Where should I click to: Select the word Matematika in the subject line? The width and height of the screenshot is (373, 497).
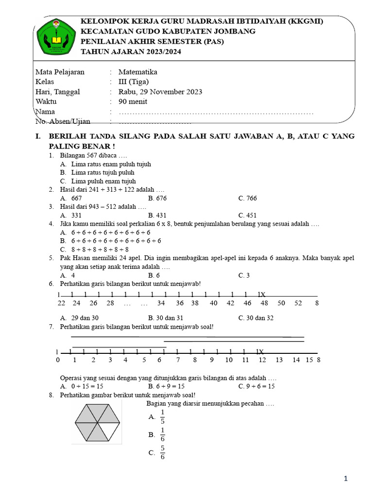[138, 72]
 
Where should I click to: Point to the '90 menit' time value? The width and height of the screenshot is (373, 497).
[133, 101]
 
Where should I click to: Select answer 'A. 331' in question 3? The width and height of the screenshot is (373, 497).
[71, 215]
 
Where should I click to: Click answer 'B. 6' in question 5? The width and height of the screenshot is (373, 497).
[154, 275]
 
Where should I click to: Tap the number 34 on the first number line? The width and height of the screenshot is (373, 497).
[162, 303]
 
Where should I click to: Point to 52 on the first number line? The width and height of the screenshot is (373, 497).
[298, 303]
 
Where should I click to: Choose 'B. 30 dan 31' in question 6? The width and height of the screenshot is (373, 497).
[166, 318]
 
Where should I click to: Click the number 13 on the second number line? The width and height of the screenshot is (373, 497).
[279, 360]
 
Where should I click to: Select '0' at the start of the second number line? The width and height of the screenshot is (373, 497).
[58, 360]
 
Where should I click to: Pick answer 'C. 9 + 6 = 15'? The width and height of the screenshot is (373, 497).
[256, 386]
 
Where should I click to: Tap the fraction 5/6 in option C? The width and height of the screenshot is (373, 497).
[162, 453]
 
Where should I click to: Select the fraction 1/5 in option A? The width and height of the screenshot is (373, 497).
[162, 417]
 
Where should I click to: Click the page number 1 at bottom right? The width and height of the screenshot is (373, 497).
[346, 479]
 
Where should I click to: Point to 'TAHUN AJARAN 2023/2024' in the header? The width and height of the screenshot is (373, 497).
[131, 52]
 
